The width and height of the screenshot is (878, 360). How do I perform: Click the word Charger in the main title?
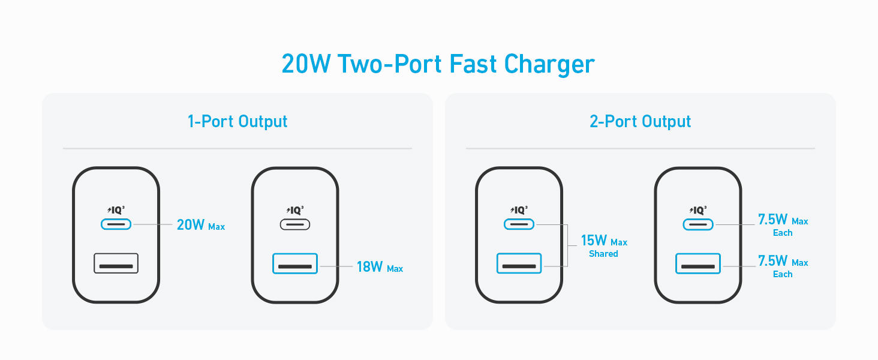click(x=549, y=64)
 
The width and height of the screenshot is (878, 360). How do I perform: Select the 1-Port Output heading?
click(x=237, y=122)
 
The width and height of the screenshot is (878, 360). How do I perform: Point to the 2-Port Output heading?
click(x=640, y=122)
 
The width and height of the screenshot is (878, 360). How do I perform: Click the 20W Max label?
click(x=201, y=225)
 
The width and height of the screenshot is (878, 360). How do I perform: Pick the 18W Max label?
click(x=380, y=267)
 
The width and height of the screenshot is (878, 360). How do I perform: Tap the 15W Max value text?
click(x=604, y=241)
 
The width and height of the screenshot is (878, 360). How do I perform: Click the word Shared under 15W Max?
click(x=603, y=254)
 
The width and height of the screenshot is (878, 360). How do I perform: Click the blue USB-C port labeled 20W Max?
click(x=116, y=224)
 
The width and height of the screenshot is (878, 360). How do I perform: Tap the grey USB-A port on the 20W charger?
click(x=116, y=263)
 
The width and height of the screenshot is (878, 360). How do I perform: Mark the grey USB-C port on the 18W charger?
click(x=294, y=224)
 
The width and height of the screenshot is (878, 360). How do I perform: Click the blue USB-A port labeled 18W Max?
click(x=294, y=263)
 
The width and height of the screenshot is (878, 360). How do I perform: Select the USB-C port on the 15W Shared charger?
click(x=519, y=224)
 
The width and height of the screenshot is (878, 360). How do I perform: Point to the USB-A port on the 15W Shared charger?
click(x=519, y=263)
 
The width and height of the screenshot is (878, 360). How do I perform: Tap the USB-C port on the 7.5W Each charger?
click(x=697, y=224)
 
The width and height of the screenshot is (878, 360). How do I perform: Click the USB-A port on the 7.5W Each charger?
click(x=697, y=263)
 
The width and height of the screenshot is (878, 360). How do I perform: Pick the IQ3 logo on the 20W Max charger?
click(x=116, y=210)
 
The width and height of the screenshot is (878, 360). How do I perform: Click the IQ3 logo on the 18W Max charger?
click(x=294, y=210)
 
